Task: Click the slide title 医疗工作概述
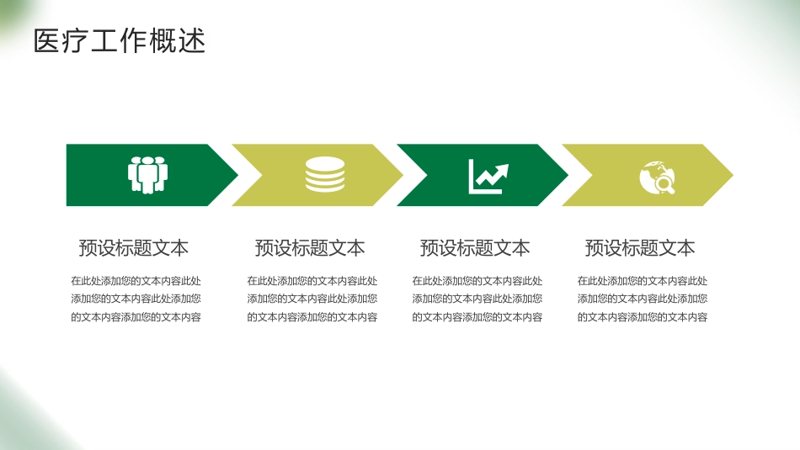[x=120, y=40]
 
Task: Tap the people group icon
[x=148, y=175]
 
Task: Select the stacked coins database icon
[x=325, y=174]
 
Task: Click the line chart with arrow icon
[x=488, y=177]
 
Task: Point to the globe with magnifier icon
[x=657, y=177]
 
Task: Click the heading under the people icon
[x=134, y=248]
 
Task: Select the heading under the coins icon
[x=310, y=248]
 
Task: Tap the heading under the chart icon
[x=475, y=248]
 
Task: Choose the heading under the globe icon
[x=640, y=248]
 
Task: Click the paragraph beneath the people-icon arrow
[x=136, y=299]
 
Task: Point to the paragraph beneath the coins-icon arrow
[x=312, y=299]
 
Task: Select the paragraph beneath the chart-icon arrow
[x=477, y=299]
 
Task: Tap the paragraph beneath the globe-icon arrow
[x=643, y=299]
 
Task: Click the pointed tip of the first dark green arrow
[x=237, y=175]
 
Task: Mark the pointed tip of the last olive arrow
[x=733, y=175]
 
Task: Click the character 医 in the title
[x=47, y=40]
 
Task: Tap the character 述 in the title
[x=192, y=40]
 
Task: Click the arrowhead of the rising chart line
[x=502, y=170]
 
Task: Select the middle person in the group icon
[x=148, y=176]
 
